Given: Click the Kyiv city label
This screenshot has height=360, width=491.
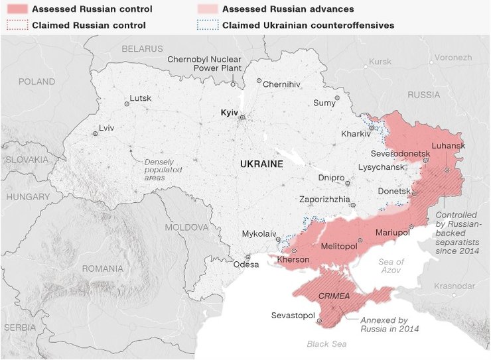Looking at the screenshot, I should (x=229, y=113).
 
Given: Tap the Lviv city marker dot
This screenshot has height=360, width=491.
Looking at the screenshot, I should (x=95, y=133).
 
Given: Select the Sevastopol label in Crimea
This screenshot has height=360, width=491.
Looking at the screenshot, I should (x=293, y=315).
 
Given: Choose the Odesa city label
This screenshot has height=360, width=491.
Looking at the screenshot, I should (x=246, y=265).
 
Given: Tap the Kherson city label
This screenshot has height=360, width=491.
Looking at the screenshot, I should (x=293, y=259).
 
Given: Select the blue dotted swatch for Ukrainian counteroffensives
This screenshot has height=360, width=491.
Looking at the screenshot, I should (x=207, y=25).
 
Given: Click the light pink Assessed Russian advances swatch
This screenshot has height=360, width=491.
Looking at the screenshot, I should (x=207, y=9).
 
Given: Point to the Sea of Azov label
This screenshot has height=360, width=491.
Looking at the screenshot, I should (x=391, y=267).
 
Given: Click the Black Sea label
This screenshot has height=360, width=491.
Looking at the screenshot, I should (x=326, y=344).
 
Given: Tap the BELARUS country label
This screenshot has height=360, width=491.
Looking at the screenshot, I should (x=142, y=49).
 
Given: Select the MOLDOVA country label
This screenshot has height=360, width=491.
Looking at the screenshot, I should (x=186, y=227).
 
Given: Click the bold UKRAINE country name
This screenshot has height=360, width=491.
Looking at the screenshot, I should (x=261, y=163).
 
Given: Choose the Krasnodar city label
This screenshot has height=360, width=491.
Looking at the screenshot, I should (x=454, y=286).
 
